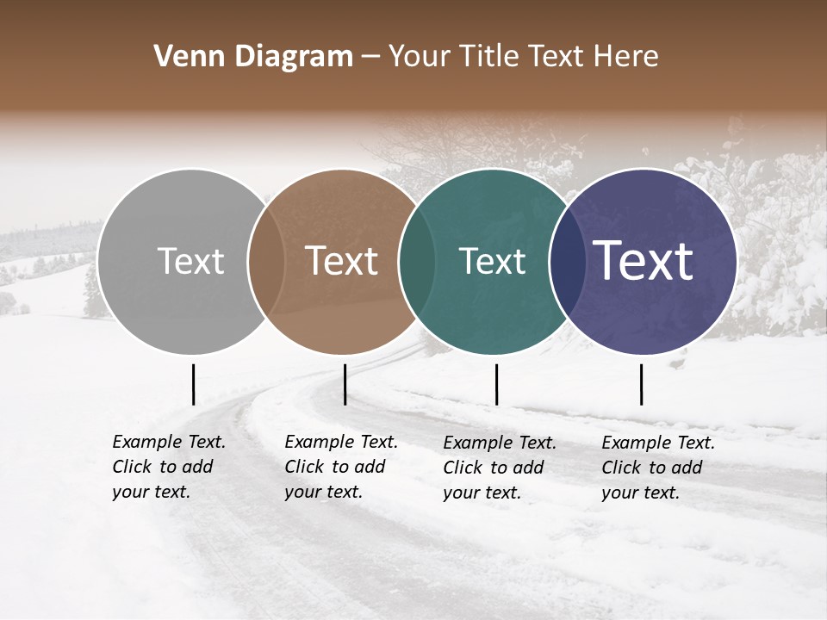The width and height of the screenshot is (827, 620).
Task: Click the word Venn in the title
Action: click(x=184, y=57)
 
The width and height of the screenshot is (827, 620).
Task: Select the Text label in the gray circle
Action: click(x=190, y=261)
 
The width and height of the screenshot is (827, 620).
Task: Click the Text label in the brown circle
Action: click(x=341, y=261)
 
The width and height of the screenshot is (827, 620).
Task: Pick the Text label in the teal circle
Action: click(x=492, y=261)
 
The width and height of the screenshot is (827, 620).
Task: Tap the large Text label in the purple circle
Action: click(x=644, y=260)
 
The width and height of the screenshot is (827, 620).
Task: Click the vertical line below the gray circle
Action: click(x=193, y=384)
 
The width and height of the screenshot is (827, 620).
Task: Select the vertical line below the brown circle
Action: click(x=345, y=384)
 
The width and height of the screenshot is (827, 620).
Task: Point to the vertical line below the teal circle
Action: click(x=496, y=384)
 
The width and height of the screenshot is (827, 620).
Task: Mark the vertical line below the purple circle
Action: click(x=642, y=384)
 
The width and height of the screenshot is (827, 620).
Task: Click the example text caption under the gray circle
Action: click(x=169, y=467)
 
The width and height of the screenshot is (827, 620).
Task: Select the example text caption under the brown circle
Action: click(x=341, y=467)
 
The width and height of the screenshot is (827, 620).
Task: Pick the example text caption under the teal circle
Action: click(x=500, y=468)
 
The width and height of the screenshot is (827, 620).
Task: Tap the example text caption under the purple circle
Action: click(x=658, y=468)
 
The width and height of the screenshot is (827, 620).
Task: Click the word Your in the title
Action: click(x=420, y=57)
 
